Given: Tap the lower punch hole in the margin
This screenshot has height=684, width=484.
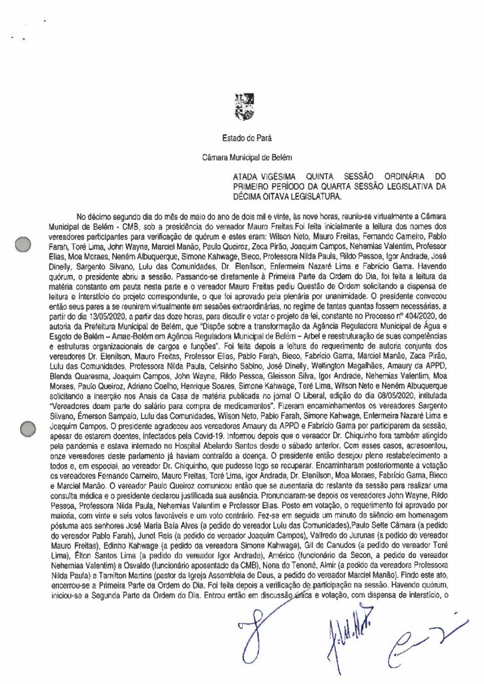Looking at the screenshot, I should [x=24, y=412].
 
